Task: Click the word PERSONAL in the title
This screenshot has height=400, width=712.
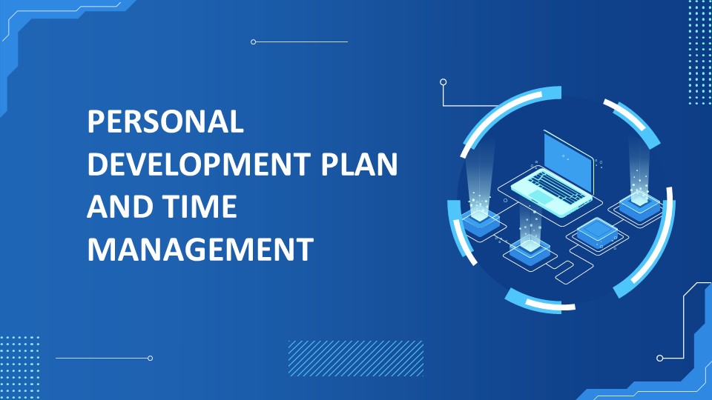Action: point(165,121)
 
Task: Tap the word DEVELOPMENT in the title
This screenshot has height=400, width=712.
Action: point(199,164)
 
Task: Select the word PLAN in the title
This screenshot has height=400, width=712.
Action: point(359,164)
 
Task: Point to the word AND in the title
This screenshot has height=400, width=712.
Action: point(119,207)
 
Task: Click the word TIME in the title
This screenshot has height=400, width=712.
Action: point(200,207)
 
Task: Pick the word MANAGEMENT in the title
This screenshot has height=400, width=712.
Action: point(200,249)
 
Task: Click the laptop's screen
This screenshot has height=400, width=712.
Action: point(568,160)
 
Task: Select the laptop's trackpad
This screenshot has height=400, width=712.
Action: point(541,197)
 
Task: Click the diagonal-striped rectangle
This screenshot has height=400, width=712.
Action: point(355,359)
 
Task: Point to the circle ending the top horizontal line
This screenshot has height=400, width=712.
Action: point(254,41)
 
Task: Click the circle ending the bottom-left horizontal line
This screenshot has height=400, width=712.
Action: point(151,359)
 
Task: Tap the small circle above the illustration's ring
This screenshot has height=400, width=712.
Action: point(444,82)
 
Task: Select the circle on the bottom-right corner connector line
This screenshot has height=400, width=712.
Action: point(660,359)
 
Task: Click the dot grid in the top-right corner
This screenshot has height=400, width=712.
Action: point(699,52)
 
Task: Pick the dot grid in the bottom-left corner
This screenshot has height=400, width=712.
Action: point(19,368)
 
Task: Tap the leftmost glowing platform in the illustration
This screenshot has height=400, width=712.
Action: point(481,222)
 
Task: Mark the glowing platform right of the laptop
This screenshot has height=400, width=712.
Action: point(639,204)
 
